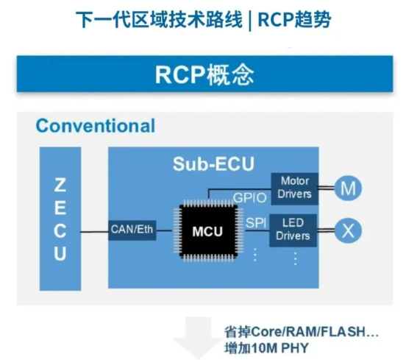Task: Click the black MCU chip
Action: point(208,231)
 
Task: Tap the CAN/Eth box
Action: point(132,230)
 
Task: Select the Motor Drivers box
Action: point(295,188)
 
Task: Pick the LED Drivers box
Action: point(293,230)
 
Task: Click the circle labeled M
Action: point(348,188)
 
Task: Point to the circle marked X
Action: point(348,230)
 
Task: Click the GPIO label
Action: point(249,198)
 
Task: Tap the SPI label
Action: point(256,223)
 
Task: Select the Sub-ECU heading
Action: point(213,163)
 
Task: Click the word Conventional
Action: point(96,126)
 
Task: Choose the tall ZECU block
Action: point(60,219)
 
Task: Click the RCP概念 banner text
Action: point(204,75)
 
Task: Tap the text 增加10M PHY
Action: point(267,347)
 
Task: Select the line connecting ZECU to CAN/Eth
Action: point(94,232)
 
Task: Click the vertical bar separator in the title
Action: point(249,21)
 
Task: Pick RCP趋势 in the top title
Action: point(294,20)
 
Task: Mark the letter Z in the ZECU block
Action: point(60,185)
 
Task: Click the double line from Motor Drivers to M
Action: point(327,188)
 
